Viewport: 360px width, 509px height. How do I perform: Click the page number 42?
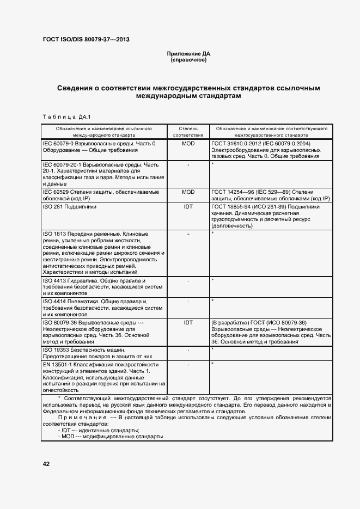46,464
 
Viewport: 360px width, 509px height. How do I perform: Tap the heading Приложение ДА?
188,54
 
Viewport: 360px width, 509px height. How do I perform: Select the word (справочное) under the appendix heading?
188,60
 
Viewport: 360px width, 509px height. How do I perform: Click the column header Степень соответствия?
188,131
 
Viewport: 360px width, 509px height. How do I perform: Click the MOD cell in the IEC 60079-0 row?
188,143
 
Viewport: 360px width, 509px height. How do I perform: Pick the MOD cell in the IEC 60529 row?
188,192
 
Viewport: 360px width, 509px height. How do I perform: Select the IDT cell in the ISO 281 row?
188,207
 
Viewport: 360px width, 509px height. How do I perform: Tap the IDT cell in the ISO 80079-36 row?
188,322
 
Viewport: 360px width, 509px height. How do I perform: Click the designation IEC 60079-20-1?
62,164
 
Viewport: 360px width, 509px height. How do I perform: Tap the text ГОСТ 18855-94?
229,207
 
